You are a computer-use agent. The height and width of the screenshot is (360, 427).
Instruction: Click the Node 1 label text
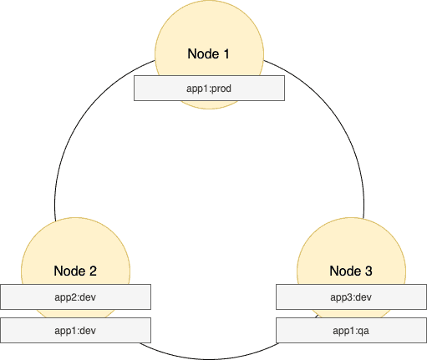(208, 53)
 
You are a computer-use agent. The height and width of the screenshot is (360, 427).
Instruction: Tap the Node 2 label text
(75, 271)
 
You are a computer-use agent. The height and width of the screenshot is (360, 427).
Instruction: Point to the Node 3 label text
(351, 271)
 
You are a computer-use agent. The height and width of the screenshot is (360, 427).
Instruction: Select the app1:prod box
(209, 88)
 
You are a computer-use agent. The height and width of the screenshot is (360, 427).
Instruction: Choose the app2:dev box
(75, 297)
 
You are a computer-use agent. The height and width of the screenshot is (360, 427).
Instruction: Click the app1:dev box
(75, 330)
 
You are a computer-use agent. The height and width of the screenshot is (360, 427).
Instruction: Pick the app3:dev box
(351, 297)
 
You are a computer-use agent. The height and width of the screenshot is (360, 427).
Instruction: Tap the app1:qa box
(351, 330)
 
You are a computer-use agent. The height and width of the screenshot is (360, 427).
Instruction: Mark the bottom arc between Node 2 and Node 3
(209, 359)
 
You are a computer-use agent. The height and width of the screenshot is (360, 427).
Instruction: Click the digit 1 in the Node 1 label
(226, 53)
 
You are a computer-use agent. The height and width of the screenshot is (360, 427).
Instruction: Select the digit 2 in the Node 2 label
(93, 271)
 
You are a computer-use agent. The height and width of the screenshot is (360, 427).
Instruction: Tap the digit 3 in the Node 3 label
(369, 271)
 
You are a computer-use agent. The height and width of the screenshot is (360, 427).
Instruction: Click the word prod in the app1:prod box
(221, 89)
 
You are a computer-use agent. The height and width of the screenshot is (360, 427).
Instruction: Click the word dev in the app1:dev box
(89, 331)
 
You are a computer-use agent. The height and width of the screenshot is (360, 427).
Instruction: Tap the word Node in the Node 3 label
(345, 271)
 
